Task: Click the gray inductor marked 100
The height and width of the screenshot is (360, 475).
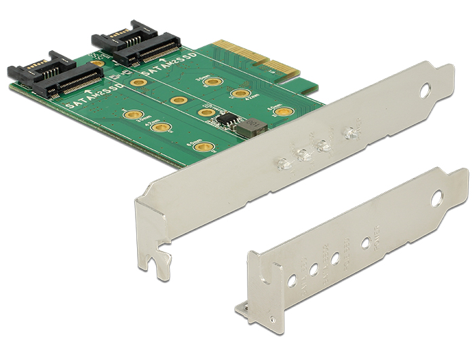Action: (x=252, y=125)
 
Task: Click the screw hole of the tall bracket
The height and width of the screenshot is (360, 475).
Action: (x=425, y=89)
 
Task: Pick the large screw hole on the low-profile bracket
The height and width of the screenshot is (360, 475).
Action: (x=436, y=199)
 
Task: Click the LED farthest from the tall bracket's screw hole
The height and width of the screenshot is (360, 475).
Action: (x=284, y=163)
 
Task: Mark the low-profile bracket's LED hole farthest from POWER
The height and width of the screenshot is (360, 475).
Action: (x=292, y=278)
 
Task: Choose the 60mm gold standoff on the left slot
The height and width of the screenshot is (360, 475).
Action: (x=199, y=145)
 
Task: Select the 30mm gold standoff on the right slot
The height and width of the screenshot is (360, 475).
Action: (x=213, y=82)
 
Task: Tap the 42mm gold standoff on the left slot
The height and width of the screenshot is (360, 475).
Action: (x=161, y=127)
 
